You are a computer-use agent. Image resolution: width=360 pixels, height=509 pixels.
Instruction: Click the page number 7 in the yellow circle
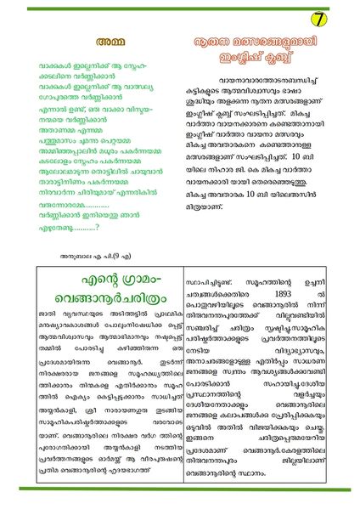click(317, 17)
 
